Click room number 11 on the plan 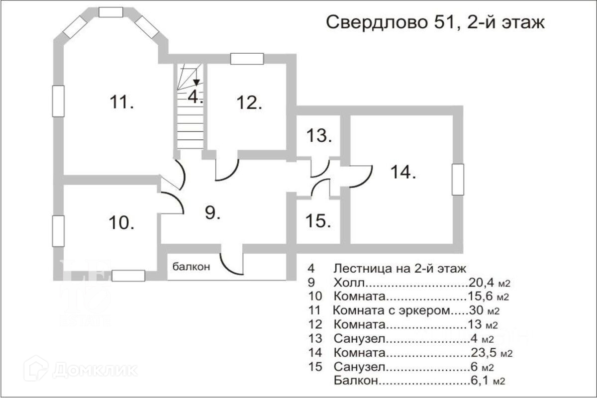pyautogui.click(x=121, y=102)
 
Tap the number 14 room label pyautogui.click(x=403, y=172)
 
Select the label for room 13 pyautogui.click(x=319, y=135)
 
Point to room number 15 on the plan pyautogui.click(x=318, y=221)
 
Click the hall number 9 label pyautogui.click(x=213, y=213)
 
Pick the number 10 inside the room pyautogui.click(x=121, y=223)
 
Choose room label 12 pyautogui.click(x=249, y=102)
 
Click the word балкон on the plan pyautogui.click(x=191, y=267)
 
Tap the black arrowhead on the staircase pyautogui.click(x=197, y=83)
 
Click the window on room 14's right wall pyautogui.click(x=458, y=180)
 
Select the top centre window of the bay pyautogui.click(x=110, y=12)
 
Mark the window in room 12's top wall pyautogui.click(x=247, y=59)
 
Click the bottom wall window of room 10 pyautogui.click(x=128, y=276)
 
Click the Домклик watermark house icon pyautogui.click(x=36, y=369)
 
